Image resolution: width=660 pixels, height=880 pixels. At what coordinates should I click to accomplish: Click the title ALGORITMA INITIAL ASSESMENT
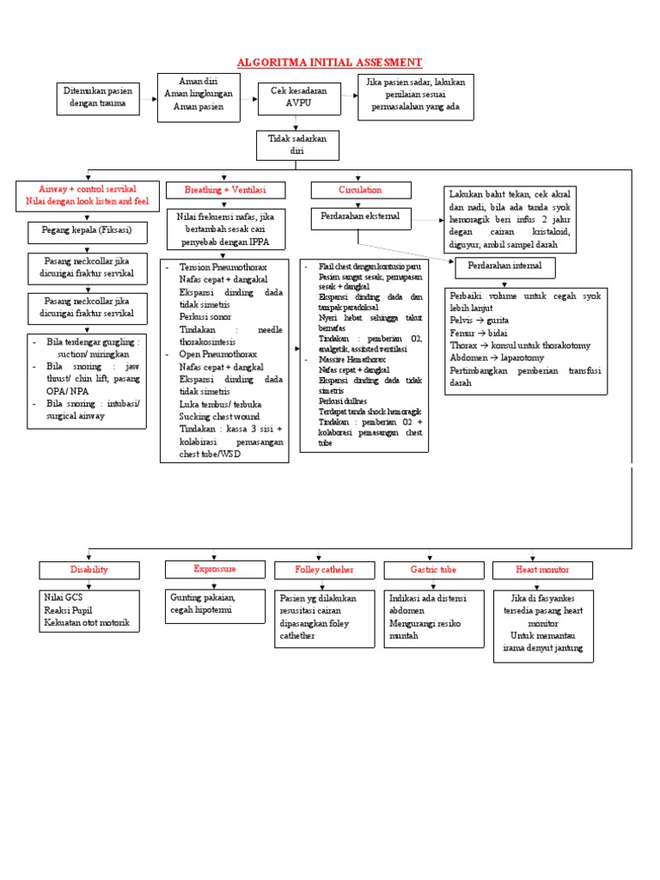[x=329, y=63]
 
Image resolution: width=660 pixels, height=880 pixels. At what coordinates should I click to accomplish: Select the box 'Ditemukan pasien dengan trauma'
[x=97, y=96]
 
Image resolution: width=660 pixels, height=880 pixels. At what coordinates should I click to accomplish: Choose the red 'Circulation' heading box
[x=359, y=189]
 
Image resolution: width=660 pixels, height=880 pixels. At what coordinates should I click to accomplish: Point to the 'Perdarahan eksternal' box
[x=361, y=219]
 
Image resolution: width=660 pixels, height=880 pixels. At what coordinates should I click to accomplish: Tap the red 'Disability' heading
[x=89, y=570]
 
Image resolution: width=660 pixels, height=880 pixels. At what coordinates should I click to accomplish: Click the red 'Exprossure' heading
[x=214, y=569]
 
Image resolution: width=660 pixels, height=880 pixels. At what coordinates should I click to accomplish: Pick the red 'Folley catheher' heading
[x=324, y=570]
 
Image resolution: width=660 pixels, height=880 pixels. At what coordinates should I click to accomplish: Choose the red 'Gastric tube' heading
[x=434, y=570]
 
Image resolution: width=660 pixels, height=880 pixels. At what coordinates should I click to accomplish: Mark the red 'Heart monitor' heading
[x=541, y=570]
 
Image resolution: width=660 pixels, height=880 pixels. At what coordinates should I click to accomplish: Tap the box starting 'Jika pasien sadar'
[x=420, y=96]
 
